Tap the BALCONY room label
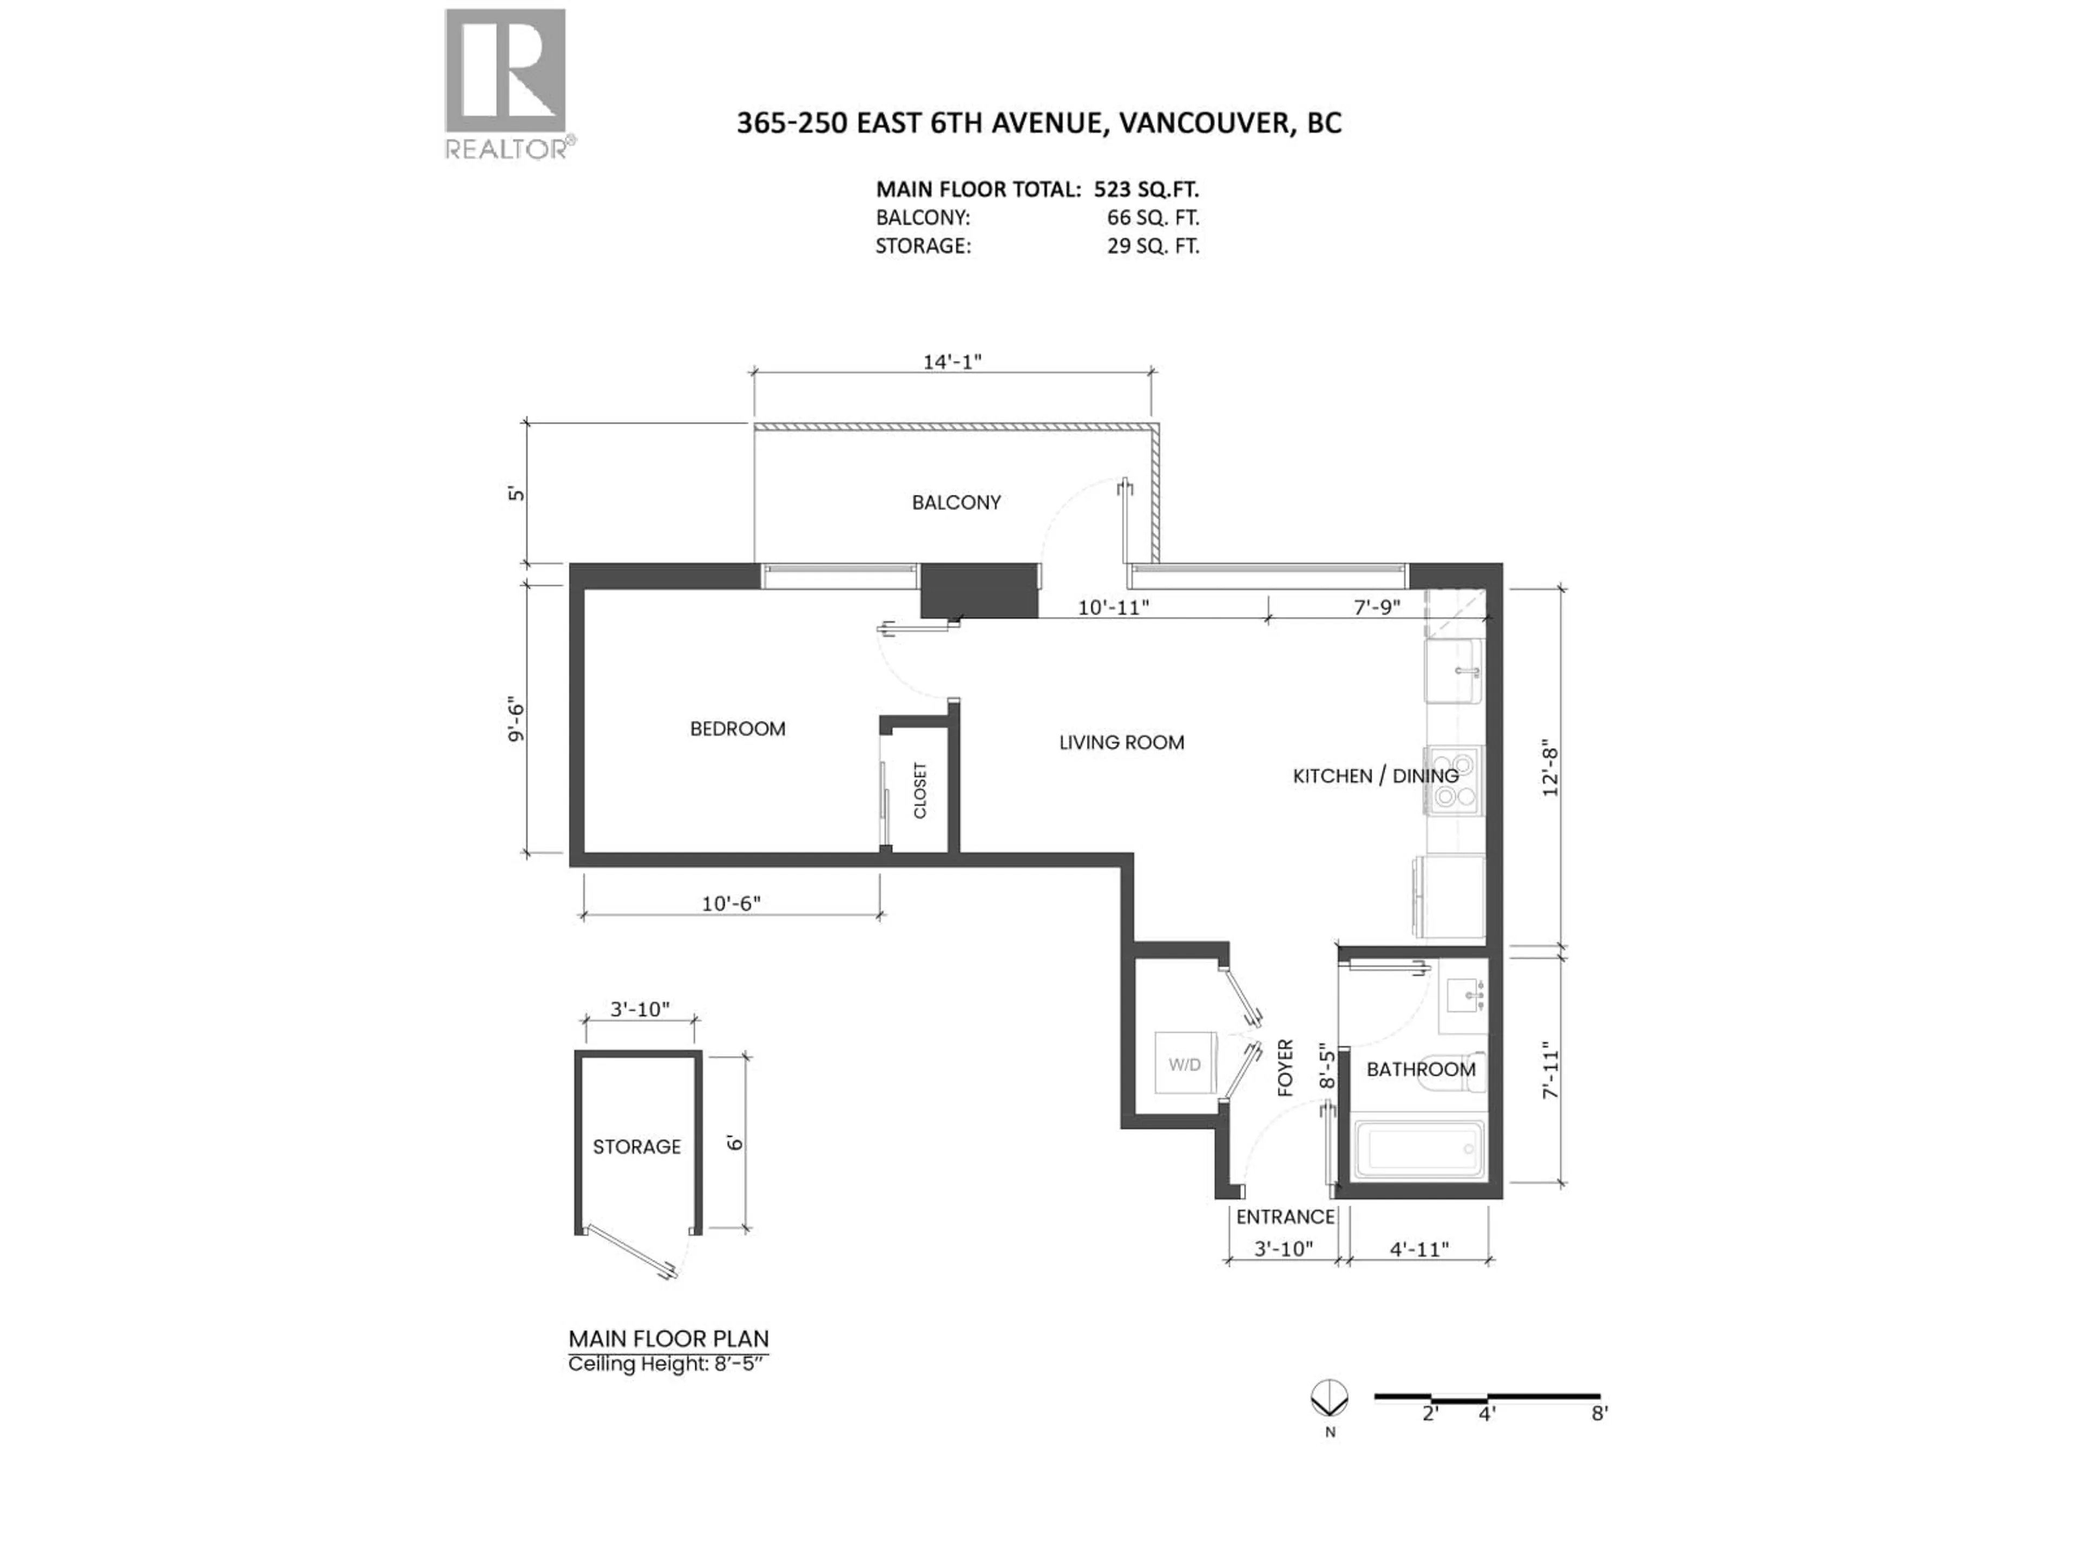coord(956,503)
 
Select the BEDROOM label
coord(738,728)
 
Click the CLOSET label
coord(920,790)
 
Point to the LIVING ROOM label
coord(1122,742)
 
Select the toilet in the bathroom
coord(1454,1072)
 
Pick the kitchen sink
coord(1454,670)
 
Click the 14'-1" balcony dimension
coord(952,362)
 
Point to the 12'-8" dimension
coord(1550,771)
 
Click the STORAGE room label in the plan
coord(637,1147)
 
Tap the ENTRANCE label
coord(1285,1217)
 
